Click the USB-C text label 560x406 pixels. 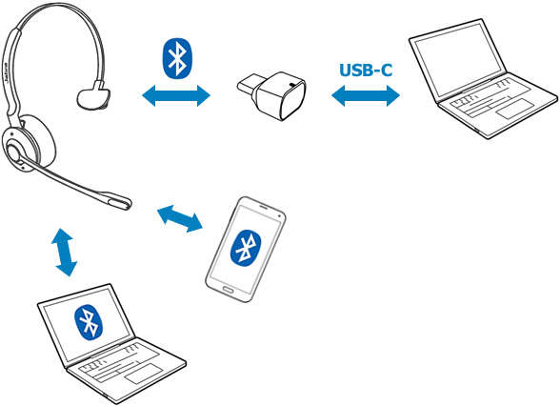pos(366,71)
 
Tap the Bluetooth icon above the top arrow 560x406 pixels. pos(177,58)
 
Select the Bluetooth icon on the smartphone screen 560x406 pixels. pos(246,248)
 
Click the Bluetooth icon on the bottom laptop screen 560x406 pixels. pos(89,322)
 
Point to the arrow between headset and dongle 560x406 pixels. pos(176,95)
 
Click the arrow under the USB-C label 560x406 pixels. pos(366,95)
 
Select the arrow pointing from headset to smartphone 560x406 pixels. pos(180,218)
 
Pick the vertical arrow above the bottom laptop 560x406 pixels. pos(65,253)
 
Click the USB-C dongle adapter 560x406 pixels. pos(272,94)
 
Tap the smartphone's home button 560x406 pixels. pos(228,289)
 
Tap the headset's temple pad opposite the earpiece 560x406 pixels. pos(93,95)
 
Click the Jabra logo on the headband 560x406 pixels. pos(6,74)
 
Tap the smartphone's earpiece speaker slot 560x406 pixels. pos(264,207)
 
